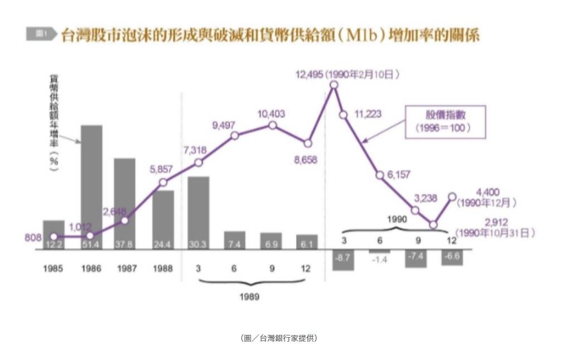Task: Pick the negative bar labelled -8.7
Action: click(343, 260)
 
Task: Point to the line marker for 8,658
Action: click(307, 143)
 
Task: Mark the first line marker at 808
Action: click(54, 237)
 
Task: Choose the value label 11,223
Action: click(367, 114)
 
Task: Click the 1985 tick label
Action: click(53, 268)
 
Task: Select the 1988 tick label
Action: click(163, 268)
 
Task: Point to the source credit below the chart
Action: click(279, 338)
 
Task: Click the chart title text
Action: click(270, 35)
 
